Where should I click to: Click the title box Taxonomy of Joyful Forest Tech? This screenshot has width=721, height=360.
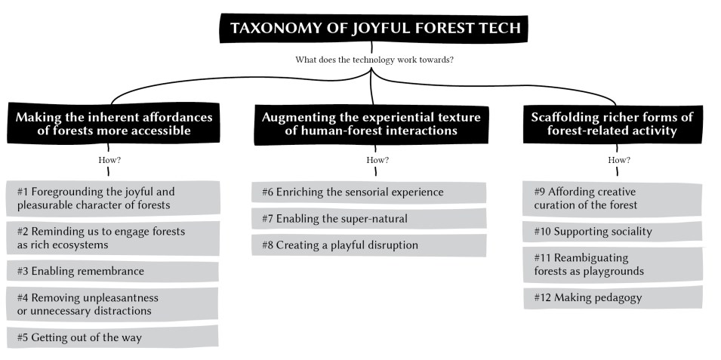tap(374, 28)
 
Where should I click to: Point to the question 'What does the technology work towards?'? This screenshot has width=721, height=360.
tap(374, 60)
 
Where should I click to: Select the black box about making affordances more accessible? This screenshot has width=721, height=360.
tap(113, 123)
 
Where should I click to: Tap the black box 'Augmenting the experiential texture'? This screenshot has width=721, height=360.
tap(371, 124)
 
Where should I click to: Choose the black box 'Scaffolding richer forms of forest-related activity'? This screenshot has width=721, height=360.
tap(612, 124)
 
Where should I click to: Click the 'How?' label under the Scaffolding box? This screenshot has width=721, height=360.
tap(619, 161)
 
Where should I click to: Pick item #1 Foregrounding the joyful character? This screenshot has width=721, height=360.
tap(112, 198)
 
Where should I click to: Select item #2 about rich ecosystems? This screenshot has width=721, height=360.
tap(112, 238)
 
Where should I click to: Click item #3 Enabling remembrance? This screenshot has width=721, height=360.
tap(112, 271)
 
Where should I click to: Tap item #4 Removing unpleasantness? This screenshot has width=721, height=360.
tap(112, 304)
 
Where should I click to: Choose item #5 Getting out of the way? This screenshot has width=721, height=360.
tap(112, 337)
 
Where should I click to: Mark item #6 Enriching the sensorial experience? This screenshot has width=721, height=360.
tap(368, 192)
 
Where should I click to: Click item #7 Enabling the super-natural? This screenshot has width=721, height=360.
tap(368, 218)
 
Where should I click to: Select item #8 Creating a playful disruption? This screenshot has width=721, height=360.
tap(368, 245)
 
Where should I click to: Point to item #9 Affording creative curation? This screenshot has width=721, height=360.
tap(612, 198)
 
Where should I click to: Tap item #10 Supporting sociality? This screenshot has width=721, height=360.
tap(612, 232)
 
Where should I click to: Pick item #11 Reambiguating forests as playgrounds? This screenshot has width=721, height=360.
tap(612, 265)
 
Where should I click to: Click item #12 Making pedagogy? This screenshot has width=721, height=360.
tap(612, 297)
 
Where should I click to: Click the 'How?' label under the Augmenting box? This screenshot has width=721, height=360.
tap(377, 161)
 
